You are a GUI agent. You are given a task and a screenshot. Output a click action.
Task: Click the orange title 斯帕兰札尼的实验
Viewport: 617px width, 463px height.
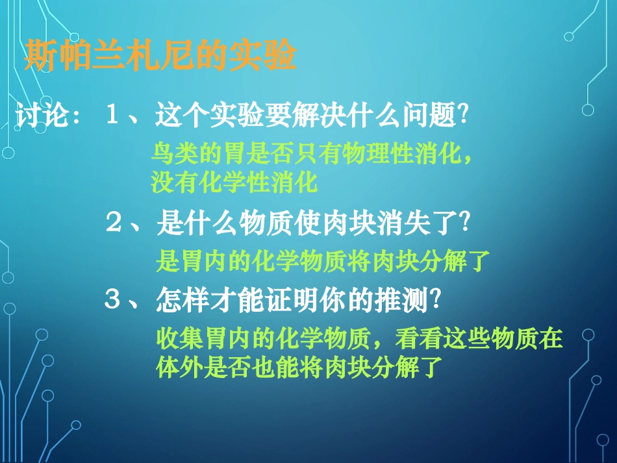click(x=160, y=56)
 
